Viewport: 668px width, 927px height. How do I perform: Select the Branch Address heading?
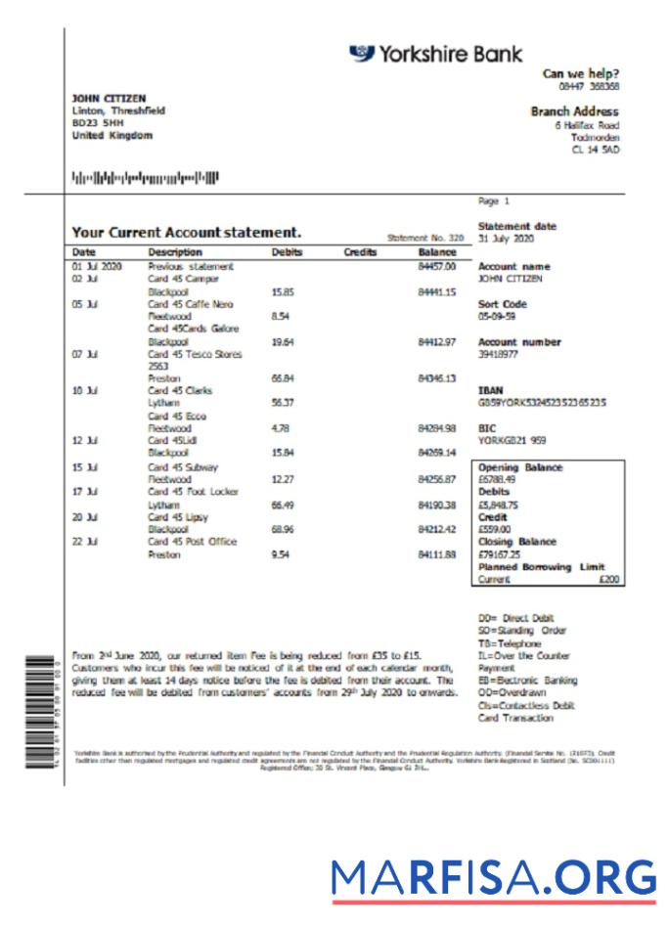(574, 111)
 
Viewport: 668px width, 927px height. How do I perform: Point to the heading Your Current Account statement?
(186, 233)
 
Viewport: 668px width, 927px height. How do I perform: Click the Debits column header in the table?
(287, 252)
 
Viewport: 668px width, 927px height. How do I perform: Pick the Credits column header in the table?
(360, 252)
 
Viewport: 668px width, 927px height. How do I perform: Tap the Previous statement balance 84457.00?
(437, 266)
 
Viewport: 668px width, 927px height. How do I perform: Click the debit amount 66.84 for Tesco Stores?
(283, 378)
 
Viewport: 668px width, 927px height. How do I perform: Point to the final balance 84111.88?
(437, 554)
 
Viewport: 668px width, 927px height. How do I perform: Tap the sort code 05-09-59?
(498, 317)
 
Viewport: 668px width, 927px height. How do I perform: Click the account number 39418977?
(499, 355)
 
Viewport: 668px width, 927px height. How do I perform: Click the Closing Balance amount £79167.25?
(500, 554)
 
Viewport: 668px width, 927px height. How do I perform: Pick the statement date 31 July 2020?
(506, 239)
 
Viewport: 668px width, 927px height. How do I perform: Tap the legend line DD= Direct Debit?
(514, 619)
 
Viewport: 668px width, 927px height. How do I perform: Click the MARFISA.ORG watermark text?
(493, 876)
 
